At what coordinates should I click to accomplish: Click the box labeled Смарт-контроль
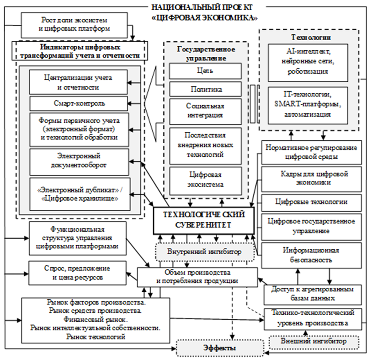[x=79, y=102]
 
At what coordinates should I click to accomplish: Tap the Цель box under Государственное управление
[x=205, y=71]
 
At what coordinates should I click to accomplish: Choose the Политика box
[x=205, y=90]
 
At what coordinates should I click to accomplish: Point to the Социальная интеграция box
[x=205, y=111]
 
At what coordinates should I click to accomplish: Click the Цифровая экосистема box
[x=205, y=180]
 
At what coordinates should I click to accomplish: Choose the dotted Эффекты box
[x=220, y=348]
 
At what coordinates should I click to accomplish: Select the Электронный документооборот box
[x=79, y=161]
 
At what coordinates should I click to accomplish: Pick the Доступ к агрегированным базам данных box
[x=310, y=293]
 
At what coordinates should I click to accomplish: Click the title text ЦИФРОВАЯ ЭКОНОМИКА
[x=203, y=17]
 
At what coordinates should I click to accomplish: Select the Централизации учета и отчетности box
[x=79, y=82]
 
